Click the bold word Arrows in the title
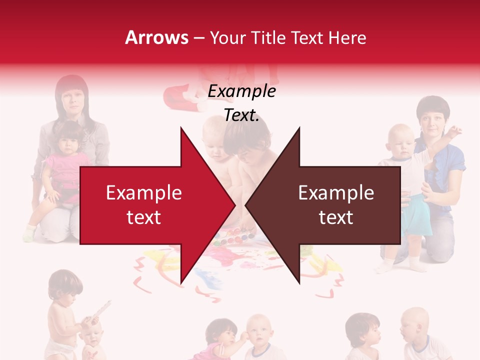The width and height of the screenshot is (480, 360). pos(157,37)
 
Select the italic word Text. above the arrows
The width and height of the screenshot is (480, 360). pos(241,115)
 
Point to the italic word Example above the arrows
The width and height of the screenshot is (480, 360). pos(241,91)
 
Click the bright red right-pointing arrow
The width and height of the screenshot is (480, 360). pos(150,205)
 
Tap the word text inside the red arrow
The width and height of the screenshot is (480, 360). pos(143,217)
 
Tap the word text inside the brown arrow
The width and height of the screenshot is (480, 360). pos(336,217)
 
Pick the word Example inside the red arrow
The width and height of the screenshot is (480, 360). pos(143,193)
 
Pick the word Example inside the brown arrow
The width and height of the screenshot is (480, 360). pos(336,193)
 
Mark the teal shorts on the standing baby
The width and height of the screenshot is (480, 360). pos(418,220)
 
